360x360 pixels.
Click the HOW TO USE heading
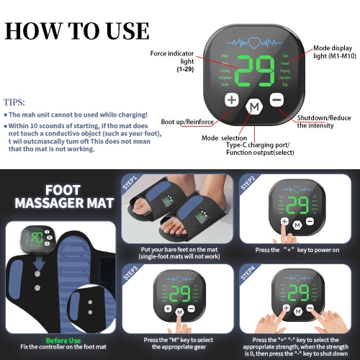click(x=78, y=31)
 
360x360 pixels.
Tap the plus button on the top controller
click(x=231, y=99)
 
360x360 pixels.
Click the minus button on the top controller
click(x=277, y=99)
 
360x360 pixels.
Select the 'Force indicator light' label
click(x=171, y=58)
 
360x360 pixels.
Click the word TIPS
click(x=14, y=103)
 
